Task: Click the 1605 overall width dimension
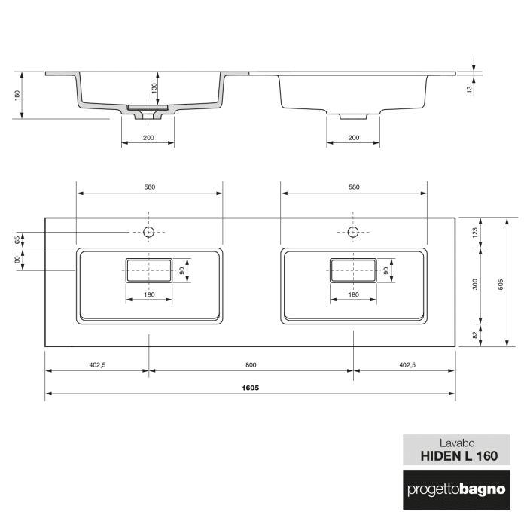click(250, 388)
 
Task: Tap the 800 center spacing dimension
click(250, 365)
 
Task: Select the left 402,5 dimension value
click(96, 365)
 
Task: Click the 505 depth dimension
click(501, 282)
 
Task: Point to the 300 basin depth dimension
click(474, 285)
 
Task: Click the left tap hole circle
click(148, 232)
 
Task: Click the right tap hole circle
click(352, 232)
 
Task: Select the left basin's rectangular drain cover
click(148, 270)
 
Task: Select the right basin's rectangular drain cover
click(352, 270)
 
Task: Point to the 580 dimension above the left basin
click(149, 187)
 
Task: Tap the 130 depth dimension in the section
click(154, 88)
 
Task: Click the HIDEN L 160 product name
click(456, 455)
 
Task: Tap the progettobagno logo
click(456, 490)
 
